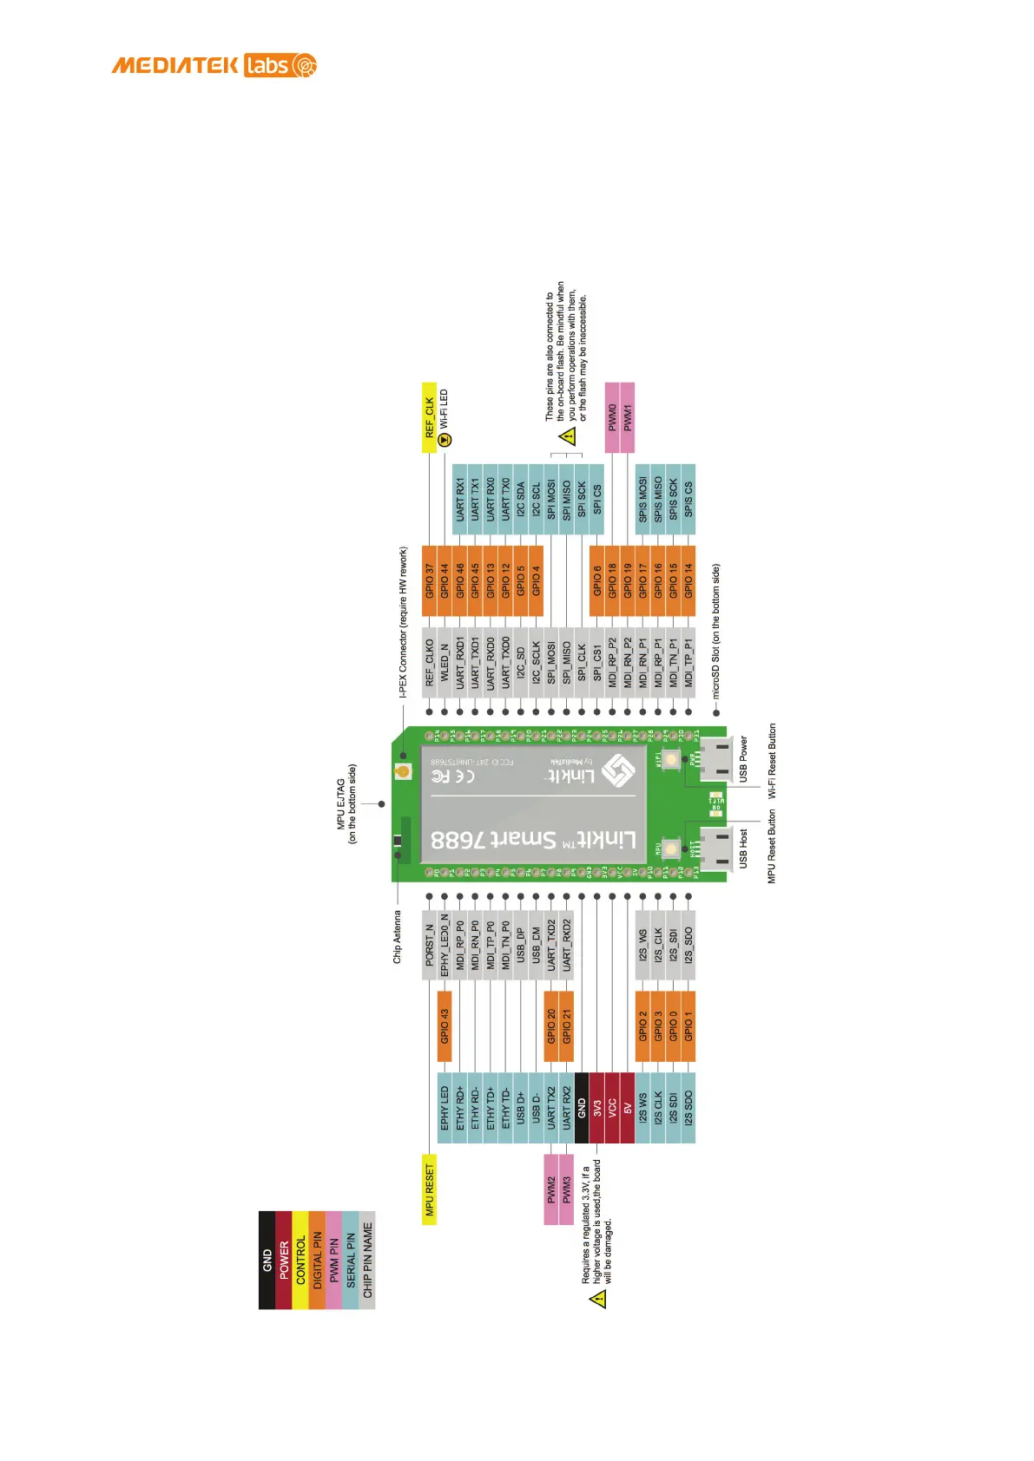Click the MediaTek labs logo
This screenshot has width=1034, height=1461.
(x=214, y=65)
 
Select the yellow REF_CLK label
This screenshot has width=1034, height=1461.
(x=429, y=417)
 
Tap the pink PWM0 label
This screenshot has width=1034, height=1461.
(x=612, y=417)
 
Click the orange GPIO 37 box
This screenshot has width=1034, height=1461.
(x=429, y=580)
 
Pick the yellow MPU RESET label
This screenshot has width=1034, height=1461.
(x=429, y=1189)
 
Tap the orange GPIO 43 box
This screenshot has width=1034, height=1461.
(x=445, y=1025)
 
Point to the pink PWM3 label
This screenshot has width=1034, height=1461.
(x=567, y=1189)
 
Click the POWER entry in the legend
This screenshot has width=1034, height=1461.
(x=284, y=1260)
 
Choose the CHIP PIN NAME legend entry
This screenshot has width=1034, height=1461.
(x=367, y=1260)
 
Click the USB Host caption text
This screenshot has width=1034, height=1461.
(x=743, y=848)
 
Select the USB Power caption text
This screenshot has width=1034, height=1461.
(x=743, y=759)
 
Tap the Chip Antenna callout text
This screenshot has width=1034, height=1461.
(x=398, y=936)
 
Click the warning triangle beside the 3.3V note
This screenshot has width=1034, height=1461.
(x=597, y=1299)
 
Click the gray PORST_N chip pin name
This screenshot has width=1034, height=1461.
(x=429, y=945)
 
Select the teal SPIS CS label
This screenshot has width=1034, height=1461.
(x=688, y=500)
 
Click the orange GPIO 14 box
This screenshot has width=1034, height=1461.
(x=688, y=580)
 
